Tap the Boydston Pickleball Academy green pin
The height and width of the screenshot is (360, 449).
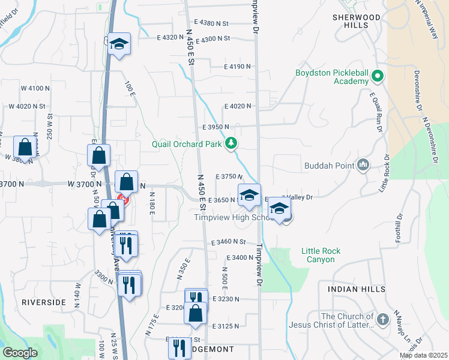pyautogui.click(x=378, y=77)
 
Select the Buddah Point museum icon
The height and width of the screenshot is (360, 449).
pyautogui.click(x=363, y=164)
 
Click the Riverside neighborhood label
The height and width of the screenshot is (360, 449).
pyautogui.click(x=43, y=302)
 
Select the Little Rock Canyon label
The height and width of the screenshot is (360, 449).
pyautogui.click(x=321, y=255)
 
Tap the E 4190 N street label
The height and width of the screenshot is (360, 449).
pyautogui.click(x=238, y=67)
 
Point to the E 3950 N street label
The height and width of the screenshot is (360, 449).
pyautogui.click(x=217, y=127)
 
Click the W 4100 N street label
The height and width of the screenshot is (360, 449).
pyautogui.click(x=35, y=88)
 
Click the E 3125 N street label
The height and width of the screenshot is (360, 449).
pyautogui.click(x=226, y=326)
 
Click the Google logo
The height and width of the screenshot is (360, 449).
pyautogui.click(x=20, y=353)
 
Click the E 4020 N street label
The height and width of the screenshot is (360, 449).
pyautogui.click(x=238, y=106)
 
